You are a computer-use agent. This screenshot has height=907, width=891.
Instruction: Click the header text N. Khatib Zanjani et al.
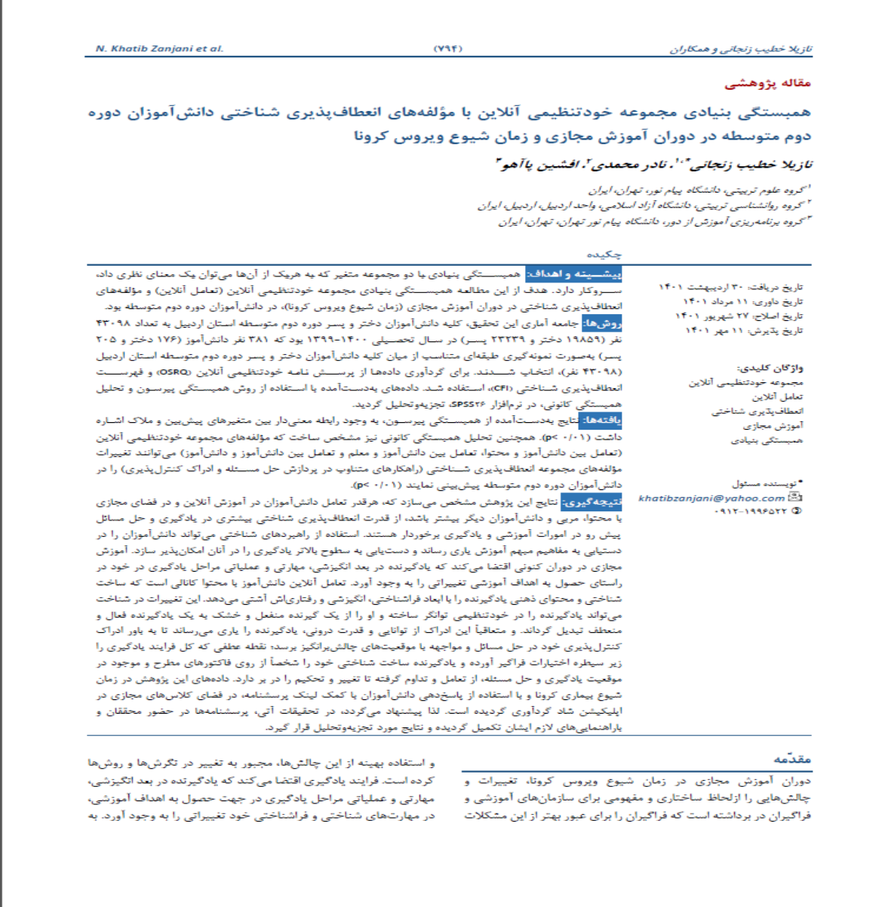coord(160,48)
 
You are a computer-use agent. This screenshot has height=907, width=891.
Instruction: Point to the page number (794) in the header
coord(448,48)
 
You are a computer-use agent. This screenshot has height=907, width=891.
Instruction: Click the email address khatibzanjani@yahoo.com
coord(711,498)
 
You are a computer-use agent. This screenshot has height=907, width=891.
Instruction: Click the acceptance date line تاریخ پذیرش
coord(744,331)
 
